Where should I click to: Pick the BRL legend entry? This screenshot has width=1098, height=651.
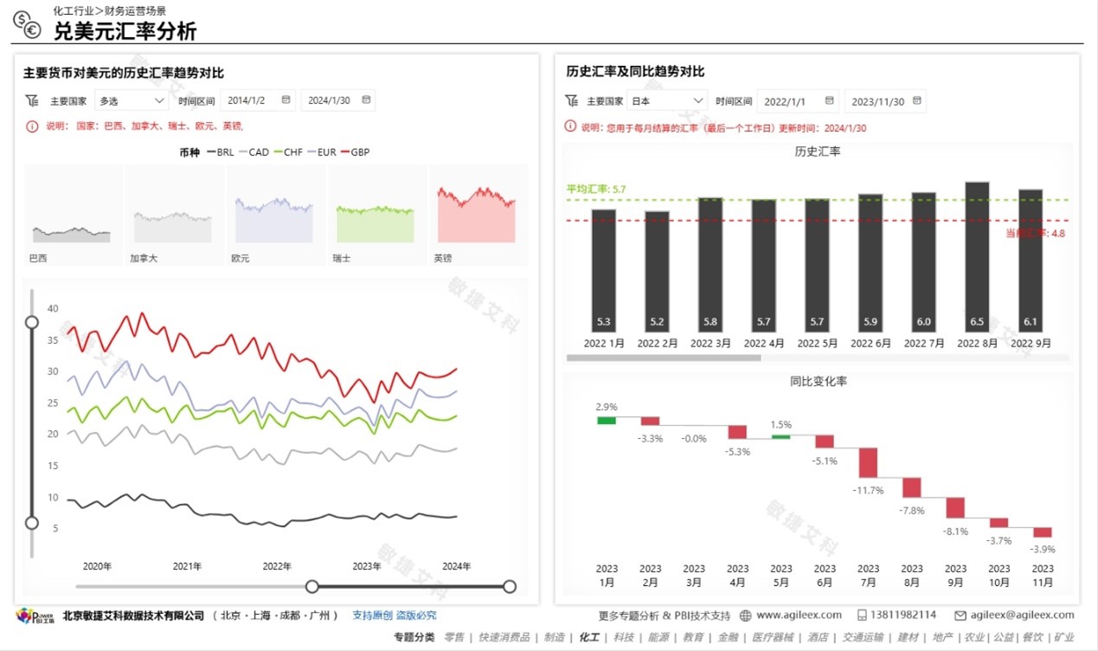pyautogui.click(x=221, y=152)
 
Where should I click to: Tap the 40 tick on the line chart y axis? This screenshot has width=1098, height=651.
pyautogui.click(x=53, y=309)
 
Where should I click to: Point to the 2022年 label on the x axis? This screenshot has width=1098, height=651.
pyautogui.click(x=277, y=566)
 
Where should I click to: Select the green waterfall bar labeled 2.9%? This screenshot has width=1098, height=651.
pyautogui.click(x=607, y=421)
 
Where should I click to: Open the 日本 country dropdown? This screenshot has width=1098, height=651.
pyautogui.click(x=666, y=101)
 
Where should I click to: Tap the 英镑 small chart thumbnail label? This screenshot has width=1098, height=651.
pyautogui.click(x=442, y=258)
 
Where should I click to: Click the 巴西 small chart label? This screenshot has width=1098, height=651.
pyautogui.click(x=38, y=258)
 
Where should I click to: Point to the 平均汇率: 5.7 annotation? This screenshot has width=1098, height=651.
pyautogui.click(x=596, y=189)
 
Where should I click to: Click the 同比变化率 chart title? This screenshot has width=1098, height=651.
pyautogui.click(x=818, y=381)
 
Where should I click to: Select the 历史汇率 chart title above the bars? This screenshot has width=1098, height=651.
pyautogui.click(x=818, y=151)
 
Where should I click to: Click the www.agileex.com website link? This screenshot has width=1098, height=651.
pyautogui.click(x=798, y=615)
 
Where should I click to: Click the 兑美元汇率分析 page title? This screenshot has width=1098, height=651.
pyautogui.click(x=125, y=31)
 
